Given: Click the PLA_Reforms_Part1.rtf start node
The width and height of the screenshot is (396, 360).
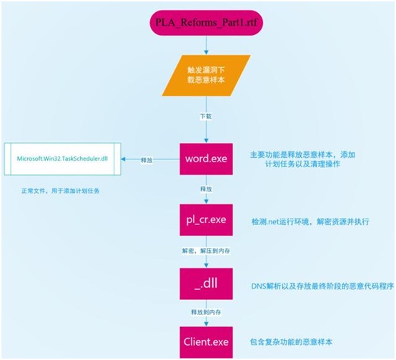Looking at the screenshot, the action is pos(207,23).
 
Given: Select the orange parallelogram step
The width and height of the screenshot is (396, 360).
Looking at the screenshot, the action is pos(207,76).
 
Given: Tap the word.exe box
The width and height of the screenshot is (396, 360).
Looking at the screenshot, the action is pos(206,159).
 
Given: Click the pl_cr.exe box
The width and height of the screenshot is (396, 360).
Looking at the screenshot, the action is pos(206,220).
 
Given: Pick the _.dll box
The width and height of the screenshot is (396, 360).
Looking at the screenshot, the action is pos(206,284).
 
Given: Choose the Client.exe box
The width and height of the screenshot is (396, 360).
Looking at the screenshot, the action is pos(206,342).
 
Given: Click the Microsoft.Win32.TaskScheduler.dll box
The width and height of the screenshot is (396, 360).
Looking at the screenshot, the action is pos(62,159).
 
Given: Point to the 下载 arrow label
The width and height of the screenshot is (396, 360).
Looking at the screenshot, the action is pos(206,116).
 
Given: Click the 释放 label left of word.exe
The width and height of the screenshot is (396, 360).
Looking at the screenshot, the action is pos(147,160).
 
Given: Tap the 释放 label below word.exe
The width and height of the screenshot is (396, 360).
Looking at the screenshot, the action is pos(206,189).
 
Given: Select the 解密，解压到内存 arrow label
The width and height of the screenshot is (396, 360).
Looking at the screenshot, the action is pos(206,251).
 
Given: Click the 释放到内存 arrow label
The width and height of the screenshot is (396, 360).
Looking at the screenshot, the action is pos(206,312).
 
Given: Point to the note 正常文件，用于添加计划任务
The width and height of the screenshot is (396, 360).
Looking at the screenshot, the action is pos(61,191).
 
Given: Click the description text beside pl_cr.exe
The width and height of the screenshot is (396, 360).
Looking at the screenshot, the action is pos(310,221).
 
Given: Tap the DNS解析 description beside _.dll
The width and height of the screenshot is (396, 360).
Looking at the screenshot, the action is pos(322,286).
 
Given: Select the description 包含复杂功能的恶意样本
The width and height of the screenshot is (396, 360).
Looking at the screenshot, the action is pos(291,342).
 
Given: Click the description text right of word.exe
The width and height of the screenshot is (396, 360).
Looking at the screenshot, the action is pos(302,159).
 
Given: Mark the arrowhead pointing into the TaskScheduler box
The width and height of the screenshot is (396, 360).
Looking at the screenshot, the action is pos(123,159).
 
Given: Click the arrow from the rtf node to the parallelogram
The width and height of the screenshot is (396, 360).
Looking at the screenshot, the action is pos(207,45).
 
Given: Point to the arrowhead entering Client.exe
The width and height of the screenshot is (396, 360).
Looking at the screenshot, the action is pos(207,324).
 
